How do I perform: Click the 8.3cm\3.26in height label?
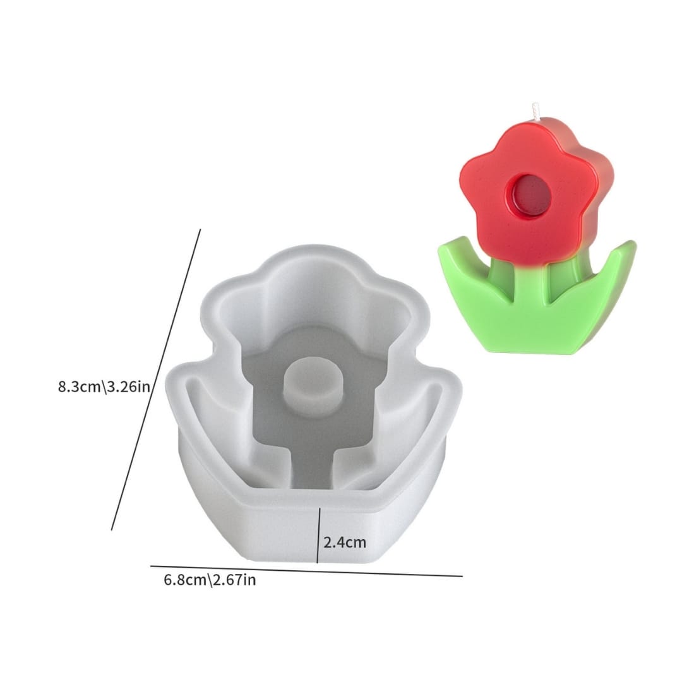(104, 386)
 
